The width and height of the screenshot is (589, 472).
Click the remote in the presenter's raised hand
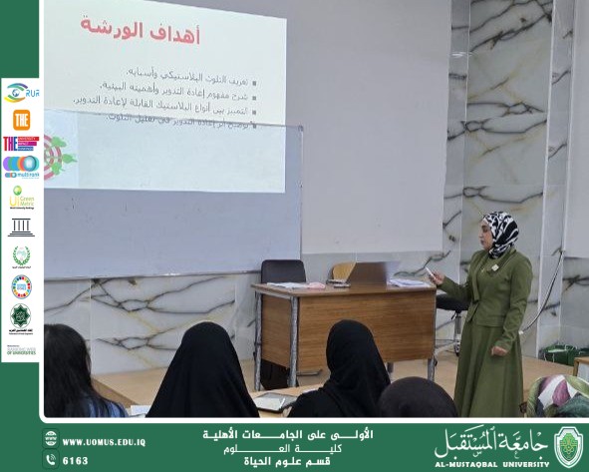tap(431, 272)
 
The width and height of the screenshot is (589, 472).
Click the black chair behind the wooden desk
tap(283, 272)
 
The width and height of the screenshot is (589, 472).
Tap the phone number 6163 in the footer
tap(76, 460)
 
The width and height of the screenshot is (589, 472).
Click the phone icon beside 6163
tap(51, 460)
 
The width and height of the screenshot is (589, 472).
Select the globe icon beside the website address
tap(51, 442)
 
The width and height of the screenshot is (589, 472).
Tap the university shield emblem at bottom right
tap(568, 445)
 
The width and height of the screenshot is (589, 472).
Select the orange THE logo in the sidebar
tap(21, 120)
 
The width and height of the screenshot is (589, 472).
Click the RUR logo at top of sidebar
tap(20, 93)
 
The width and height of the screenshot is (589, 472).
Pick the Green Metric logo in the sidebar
tap(21, 197)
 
